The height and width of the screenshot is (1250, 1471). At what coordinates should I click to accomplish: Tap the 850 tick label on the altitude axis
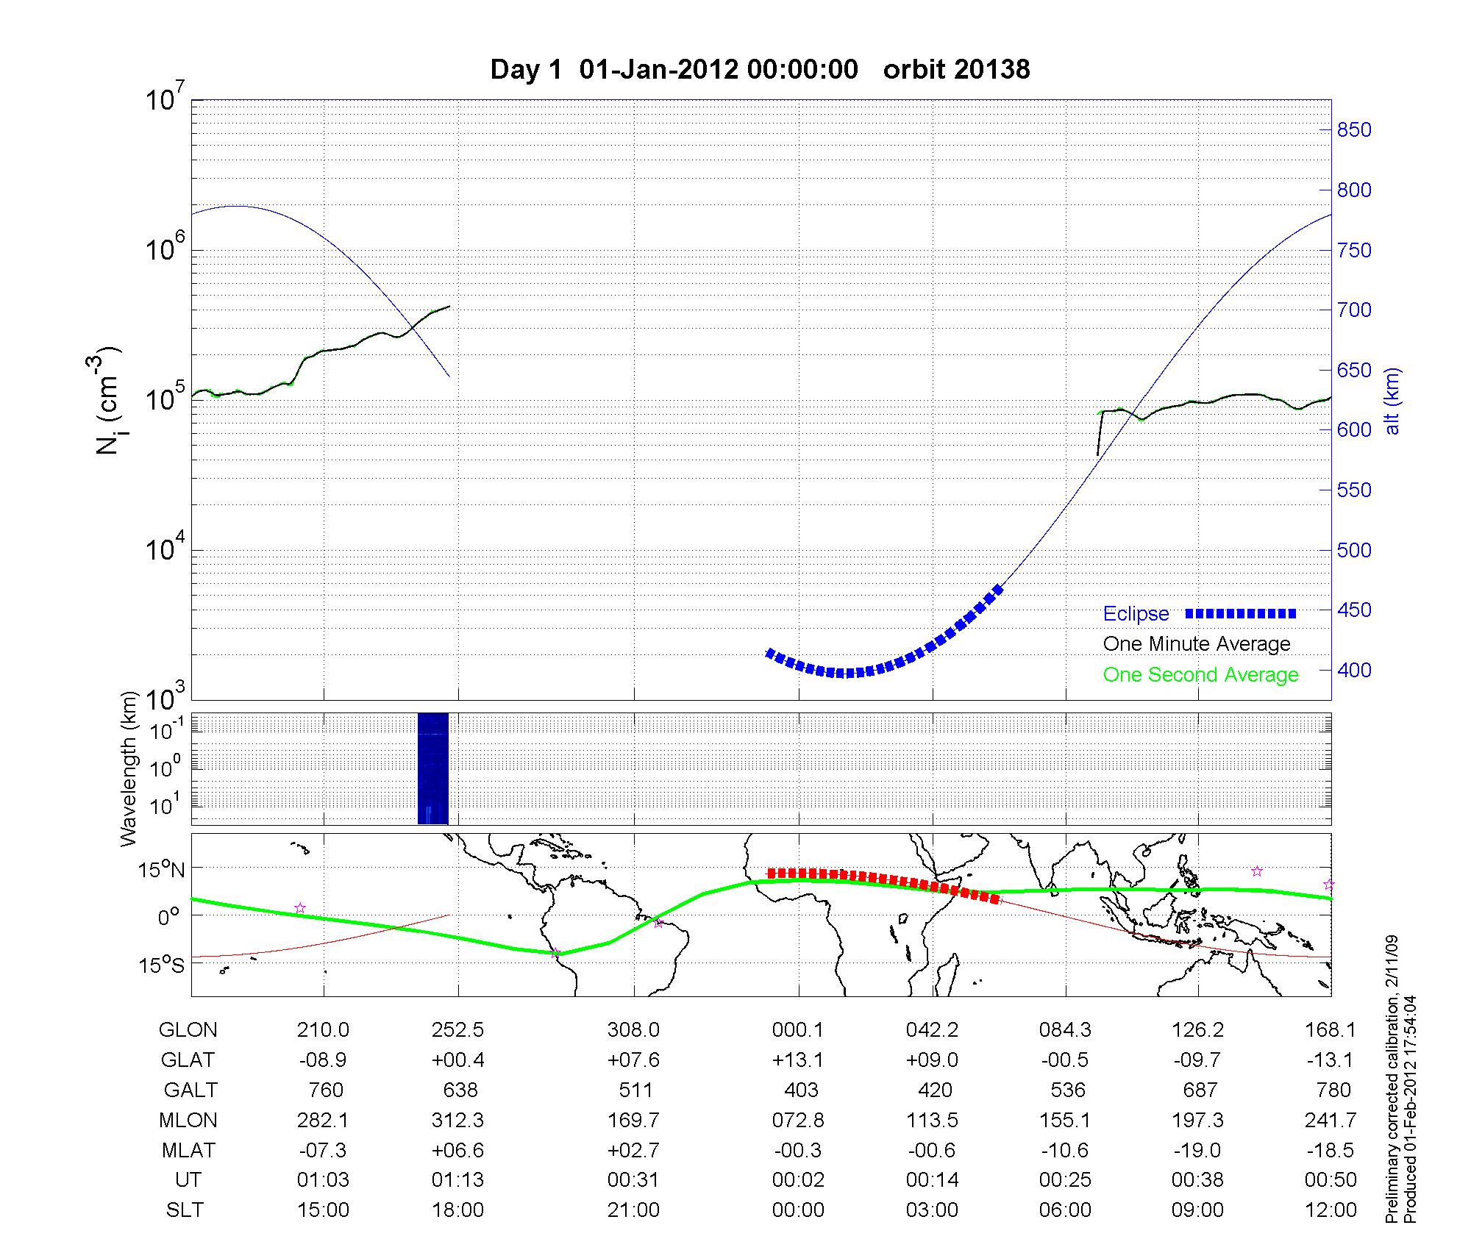point(1353,130)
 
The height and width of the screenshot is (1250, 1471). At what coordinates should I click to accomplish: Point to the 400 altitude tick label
point(1353,670)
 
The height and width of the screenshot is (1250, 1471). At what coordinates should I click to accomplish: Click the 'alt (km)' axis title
point(1392,401)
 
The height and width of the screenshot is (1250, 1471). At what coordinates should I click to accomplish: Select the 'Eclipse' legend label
point(1136,614)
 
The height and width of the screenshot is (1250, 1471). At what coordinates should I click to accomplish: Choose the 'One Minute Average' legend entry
point(1197,644)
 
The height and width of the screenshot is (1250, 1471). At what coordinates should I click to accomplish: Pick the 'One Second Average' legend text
point(1200,675)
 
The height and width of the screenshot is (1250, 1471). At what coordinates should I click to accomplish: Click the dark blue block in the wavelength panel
point(432,768)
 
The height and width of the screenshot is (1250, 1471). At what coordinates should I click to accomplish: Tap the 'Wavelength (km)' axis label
point(129,768)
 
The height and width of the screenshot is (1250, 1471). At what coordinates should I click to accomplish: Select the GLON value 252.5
point(457,1030)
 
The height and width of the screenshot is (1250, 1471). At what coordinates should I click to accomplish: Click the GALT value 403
point(801,1090)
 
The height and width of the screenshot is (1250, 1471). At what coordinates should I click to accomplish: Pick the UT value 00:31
point(633,1180)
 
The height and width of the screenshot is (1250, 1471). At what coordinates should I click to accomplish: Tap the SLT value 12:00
point(1331,1210)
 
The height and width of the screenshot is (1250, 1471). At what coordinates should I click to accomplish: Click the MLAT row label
point(188,1150)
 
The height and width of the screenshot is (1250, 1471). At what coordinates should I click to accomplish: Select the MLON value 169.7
point(633,1120)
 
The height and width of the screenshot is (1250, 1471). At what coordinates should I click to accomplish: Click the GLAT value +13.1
point(798,1060)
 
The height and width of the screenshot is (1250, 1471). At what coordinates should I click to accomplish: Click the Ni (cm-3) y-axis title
point(109,401)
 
